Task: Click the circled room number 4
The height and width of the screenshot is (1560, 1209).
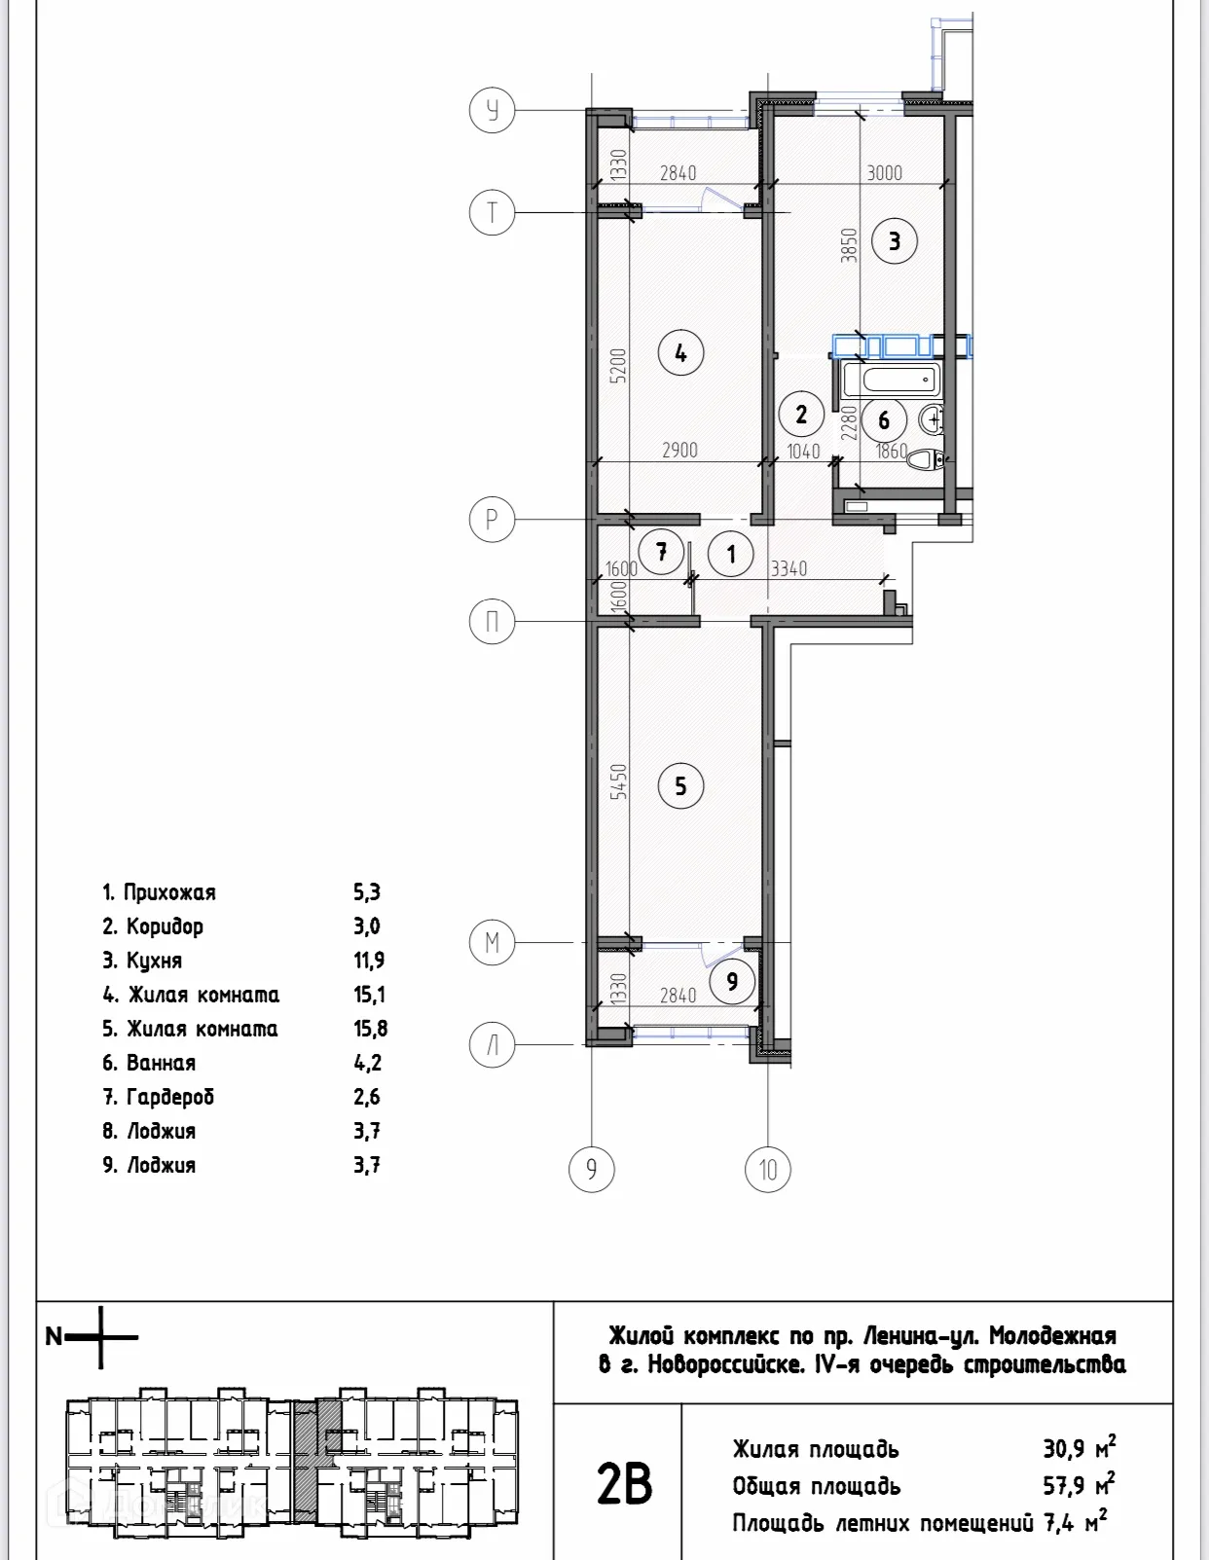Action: click(680, 353)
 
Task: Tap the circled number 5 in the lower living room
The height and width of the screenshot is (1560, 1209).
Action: click(680, 785)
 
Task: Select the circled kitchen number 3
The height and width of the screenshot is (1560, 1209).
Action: click(894, 240)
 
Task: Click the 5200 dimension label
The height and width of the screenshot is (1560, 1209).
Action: click(618, 367)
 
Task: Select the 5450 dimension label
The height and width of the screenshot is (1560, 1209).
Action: click(618, 781)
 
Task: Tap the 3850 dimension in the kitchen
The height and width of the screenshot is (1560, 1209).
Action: click(849, 245)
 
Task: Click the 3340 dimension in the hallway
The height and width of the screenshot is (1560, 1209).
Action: click(788, 568)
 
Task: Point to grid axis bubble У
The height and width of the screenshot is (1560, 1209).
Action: click(493, 111)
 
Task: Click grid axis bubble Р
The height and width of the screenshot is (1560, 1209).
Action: click(493, 520)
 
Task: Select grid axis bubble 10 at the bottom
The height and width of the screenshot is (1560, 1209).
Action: click(768, 1169)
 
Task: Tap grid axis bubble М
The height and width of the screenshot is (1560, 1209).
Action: click(493, 943)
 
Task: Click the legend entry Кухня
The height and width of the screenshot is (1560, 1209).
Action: click(154, 961)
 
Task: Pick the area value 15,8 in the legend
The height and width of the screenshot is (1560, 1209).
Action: click(370, 1029)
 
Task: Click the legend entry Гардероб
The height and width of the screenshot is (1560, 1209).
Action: click(169, 1097)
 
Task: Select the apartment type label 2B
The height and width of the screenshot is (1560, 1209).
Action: click(623, 1485)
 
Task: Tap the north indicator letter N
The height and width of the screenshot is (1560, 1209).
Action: click(55, 1337)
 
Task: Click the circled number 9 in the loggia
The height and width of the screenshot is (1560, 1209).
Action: click(732, 981)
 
